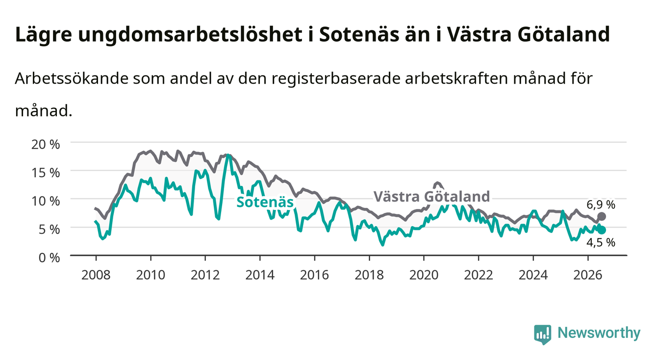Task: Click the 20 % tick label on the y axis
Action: point(46,144)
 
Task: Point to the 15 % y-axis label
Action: point(46,173)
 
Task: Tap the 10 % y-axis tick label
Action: point(46,201)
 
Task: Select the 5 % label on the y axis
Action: point(49,229)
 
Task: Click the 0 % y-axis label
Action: point(49,257)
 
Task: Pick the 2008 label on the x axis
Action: point(96,275)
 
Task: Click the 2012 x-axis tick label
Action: point(205,275)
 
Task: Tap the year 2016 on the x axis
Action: point(314,275)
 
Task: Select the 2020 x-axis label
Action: point(424,275)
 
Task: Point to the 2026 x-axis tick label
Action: point(587,275)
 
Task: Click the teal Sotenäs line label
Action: point(265,202)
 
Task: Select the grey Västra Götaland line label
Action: point(431,196)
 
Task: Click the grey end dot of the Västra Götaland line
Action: point(602,216)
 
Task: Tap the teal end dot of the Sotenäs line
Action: point(602,230)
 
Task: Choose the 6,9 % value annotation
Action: point(601,205)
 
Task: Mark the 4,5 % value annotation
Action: point(601,242)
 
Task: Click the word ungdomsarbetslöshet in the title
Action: point(190,35)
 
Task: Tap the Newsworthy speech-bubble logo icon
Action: point(542,334)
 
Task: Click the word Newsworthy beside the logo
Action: point(599,333)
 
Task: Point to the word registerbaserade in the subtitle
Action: point(336,78)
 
